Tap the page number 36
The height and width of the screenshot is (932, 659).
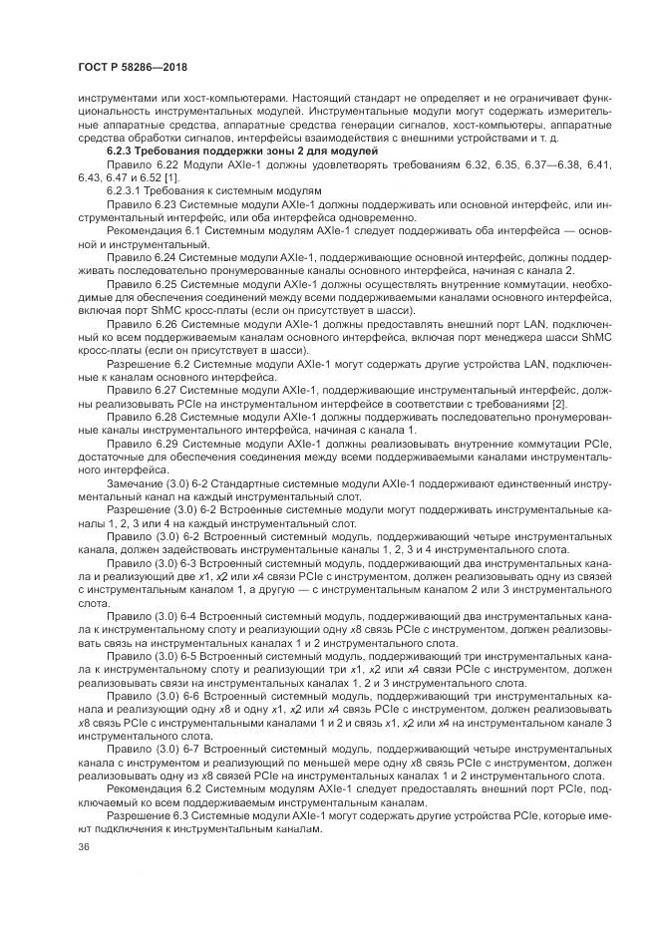(x=83, y=847)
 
